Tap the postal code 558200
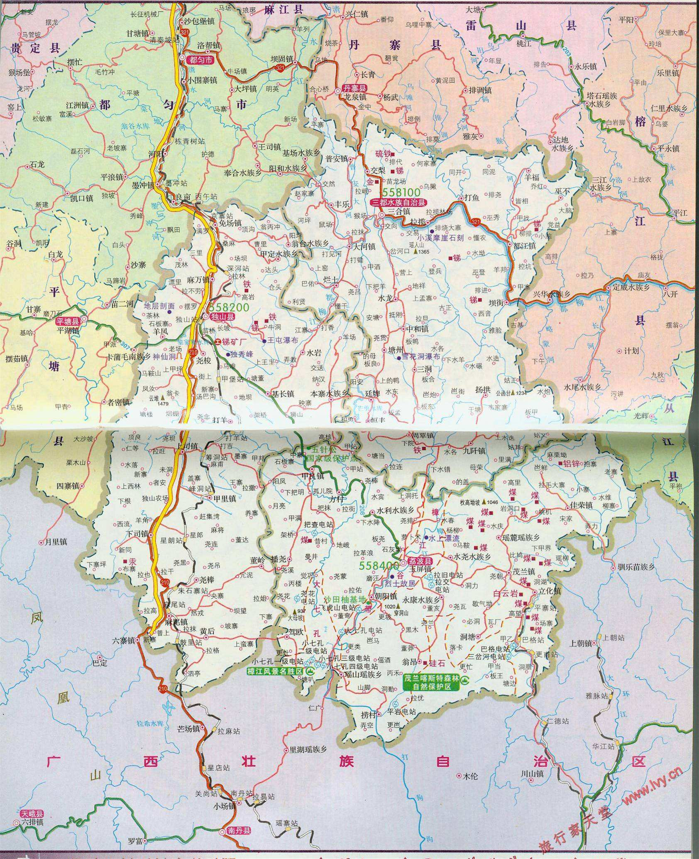click(229, 307)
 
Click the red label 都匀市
click(201, 60)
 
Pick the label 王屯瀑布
click(282, 341)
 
